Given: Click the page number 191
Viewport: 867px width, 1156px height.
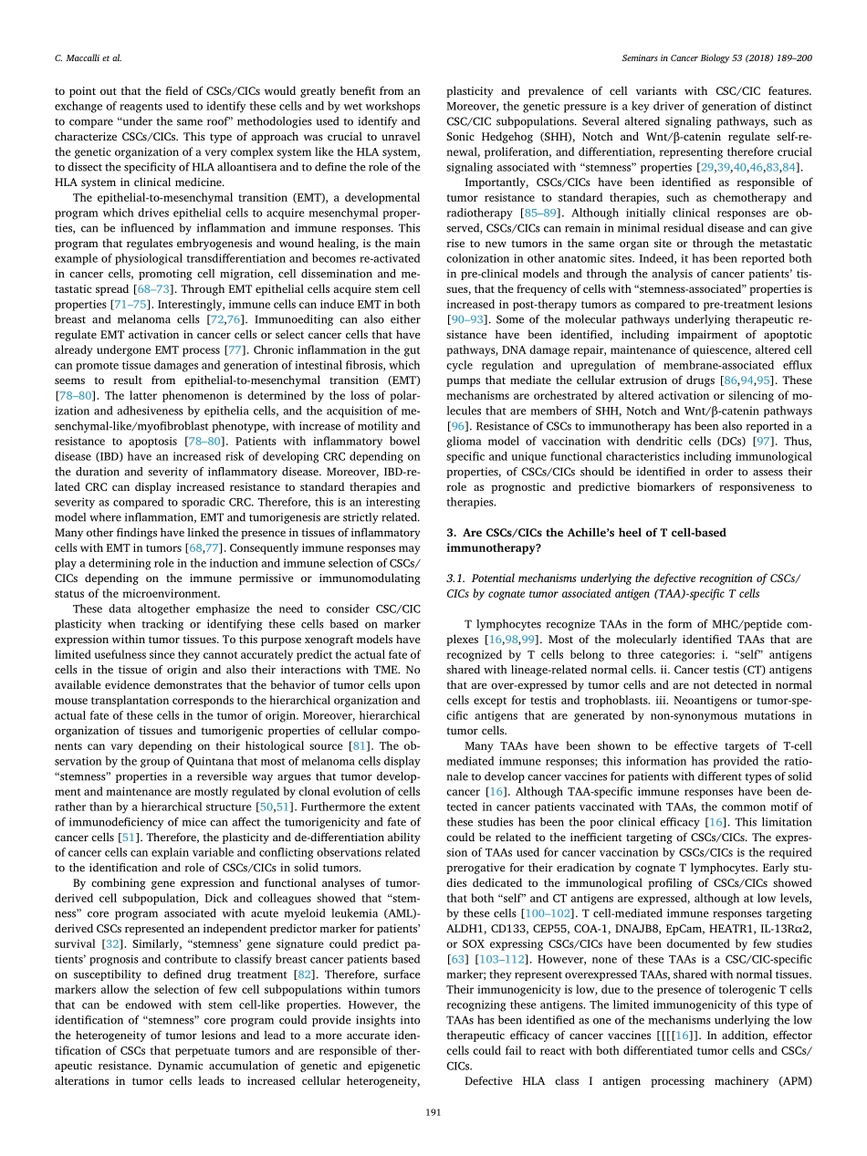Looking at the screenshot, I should click(x=433, y=1111).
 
